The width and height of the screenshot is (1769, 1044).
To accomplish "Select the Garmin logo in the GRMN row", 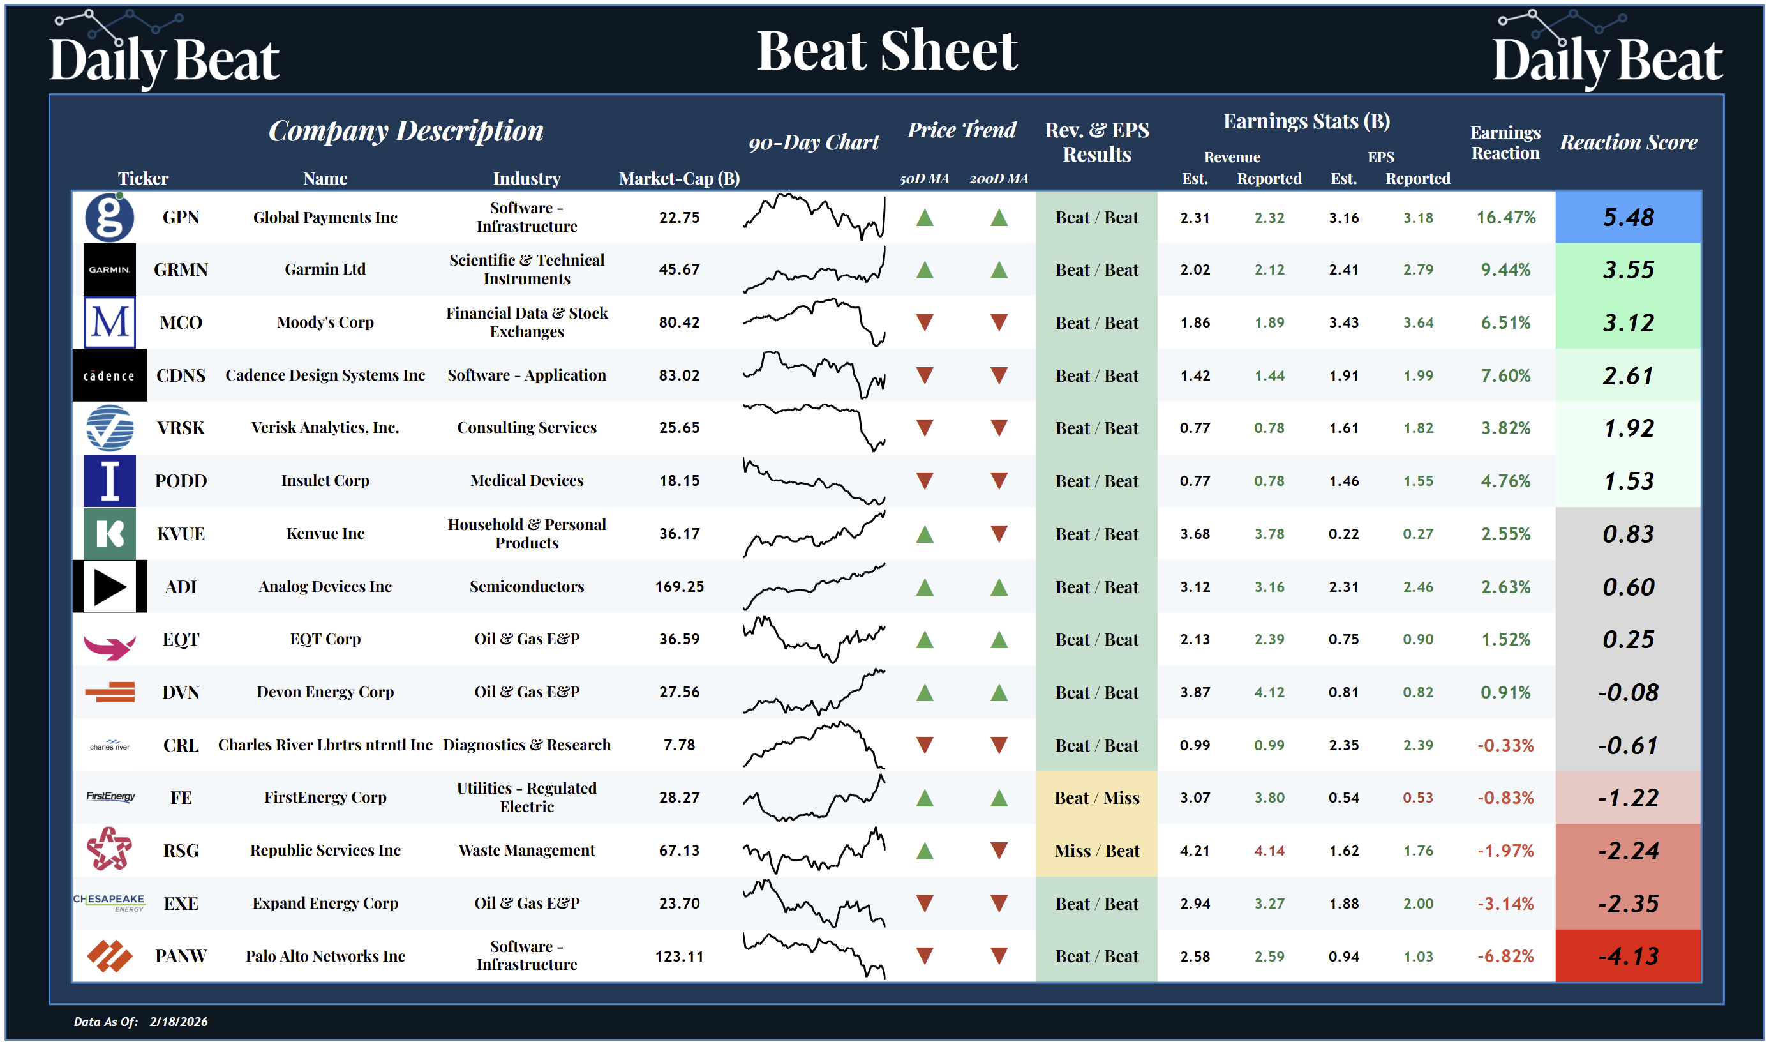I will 110,269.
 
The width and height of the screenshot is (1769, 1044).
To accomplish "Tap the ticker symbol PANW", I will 181,955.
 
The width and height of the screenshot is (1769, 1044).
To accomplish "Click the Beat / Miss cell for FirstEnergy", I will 1096,798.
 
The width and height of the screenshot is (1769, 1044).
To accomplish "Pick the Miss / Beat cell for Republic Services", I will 1096,851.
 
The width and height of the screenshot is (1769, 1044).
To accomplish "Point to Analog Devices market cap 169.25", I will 679,587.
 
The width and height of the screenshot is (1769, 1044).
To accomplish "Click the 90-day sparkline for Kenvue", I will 814,534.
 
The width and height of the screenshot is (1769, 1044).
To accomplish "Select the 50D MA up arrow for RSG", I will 925,851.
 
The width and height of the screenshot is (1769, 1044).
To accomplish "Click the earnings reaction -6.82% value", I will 1505,956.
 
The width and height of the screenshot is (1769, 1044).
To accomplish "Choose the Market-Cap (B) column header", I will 678,179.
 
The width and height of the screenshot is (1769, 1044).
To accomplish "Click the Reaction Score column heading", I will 1628,143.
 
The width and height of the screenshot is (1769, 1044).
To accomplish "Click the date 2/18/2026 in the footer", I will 179,1022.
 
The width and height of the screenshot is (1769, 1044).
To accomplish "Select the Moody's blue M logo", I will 110,322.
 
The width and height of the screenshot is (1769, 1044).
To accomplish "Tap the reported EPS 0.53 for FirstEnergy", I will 1417,798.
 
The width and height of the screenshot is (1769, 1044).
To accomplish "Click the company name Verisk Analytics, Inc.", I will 325,428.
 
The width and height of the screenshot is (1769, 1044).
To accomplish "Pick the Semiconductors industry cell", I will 526,587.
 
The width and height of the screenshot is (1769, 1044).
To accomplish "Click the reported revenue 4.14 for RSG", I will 1269,851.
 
